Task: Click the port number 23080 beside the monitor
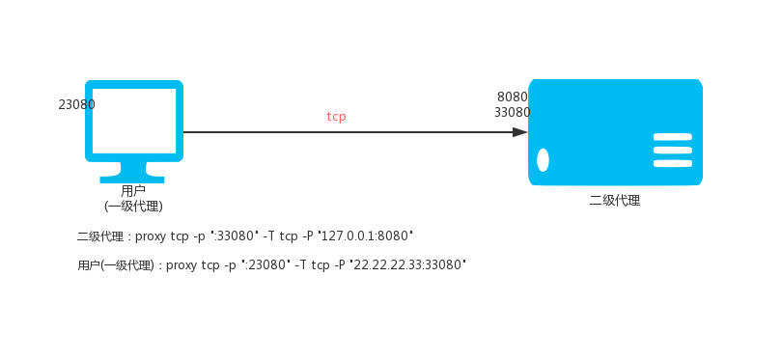[76, 104]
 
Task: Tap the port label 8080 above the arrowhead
[513, 97]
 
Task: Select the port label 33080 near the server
[513, 113]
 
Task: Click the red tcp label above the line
[337, 117]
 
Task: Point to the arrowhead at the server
[519, 132]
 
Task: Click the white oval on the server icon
[543, 160]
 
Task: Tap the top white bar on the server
[673, 137]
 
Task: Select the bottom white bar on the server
[673, 163]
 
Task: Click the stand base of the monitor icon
[132, 179]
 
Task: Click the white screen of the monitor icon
[134, 122]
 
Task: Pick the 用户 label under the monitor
[133, 191]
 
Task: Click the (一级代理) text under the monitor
[133, 206]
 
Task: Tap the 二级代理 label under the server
[615, 201]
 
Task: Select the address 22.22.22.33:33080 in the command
[407, 264]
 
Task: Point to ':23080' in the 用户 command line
[267, 264]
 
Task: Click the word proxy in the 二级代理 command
[150, 236]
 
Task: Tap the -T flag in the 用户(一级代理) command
[300, 264]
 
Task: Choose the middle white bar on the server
[673, 151]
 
